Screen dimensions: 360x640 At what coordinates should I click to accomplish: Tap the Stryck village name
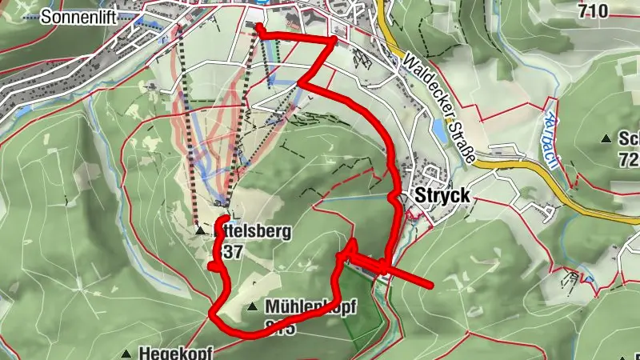pos(441,197)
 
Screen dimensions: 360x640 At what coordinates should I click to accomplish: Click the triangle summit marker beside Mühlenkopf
pos(253,306)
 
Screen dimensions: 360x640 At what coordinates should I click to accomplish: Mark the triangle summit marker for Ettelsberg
pos(200,231)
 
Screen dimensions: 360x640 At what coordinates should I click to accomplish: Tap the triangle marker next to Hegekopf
pos(126,353)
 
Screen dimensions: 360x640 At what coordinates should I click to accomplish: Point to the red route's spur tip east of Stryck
pos(430,284)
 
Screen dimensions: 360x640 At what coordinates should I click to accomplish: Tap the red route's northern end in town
pos(258,27)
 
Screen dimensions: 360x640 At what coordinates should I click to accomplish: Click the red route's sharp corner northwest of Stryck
pos(334,38)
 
